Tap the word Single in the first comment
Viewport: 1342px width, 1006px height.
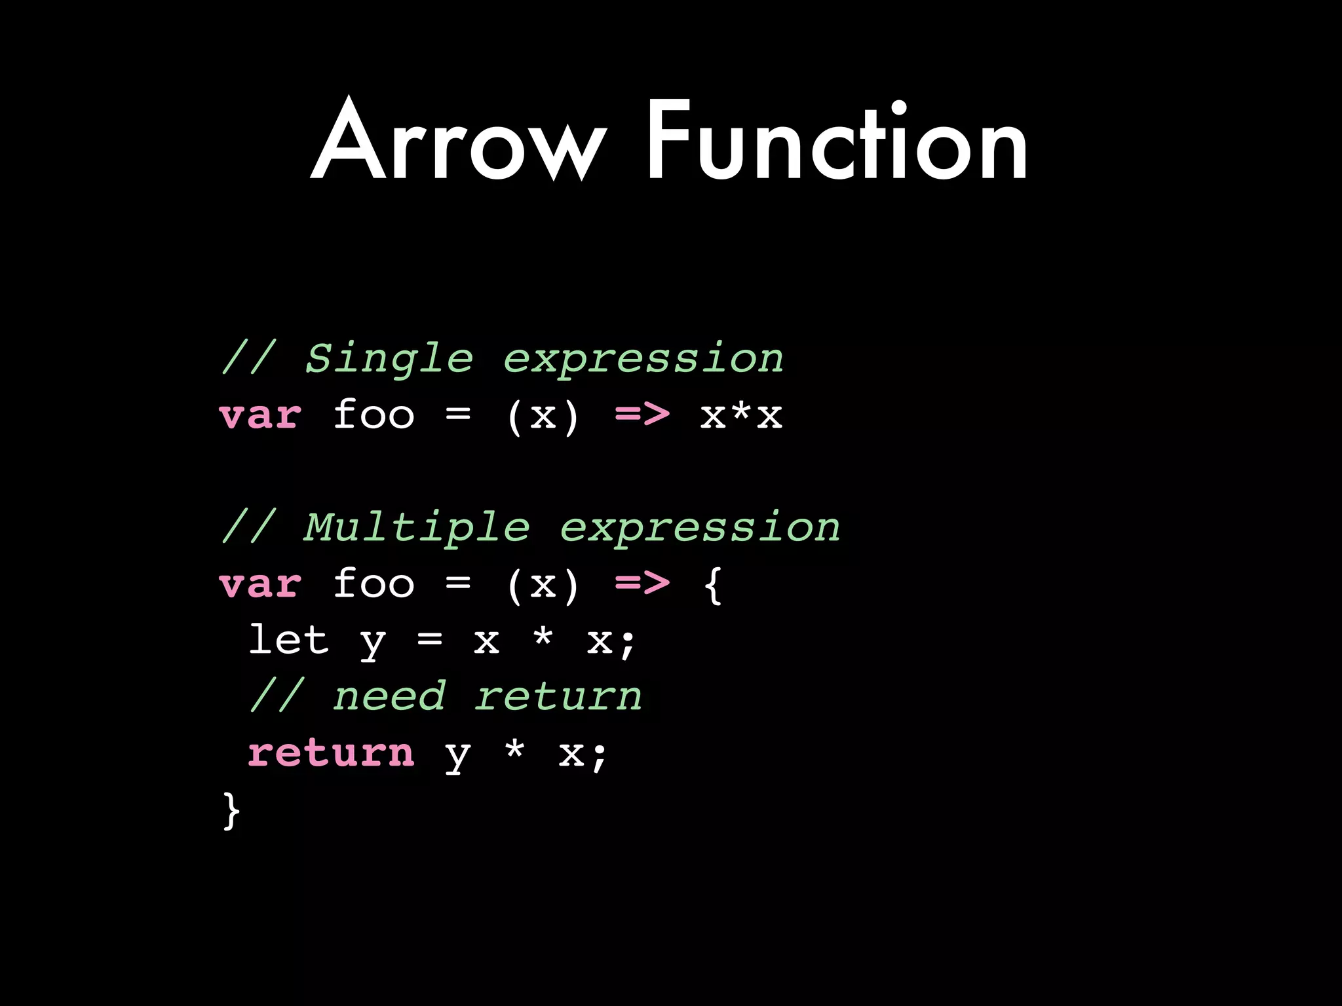389,359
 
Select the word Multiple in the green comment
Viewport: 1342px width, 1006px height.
417,528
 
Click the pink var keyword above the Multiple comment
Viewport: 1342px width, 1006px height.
261,417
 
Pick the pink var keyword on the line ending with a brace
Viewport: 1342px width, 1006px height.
261,585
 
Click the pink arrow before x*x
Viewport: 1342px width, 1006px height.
642,415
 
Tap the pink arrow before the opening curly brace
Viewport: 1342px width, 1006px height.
642,584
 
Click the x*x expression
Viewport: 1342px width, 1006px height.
741,415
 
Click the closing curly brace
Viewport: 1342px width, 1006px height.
231,811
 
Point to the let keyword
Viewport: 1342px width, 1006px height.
288,640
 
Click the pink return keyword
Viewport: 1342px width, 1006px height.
331,753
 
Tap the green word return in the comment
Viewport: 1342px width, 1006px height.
558,697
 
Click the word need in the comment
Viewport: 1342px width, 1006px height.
390,697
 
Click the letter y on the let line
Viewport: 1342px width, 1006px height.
373,643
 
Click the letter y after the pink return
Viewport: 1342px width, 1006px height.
457,756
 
